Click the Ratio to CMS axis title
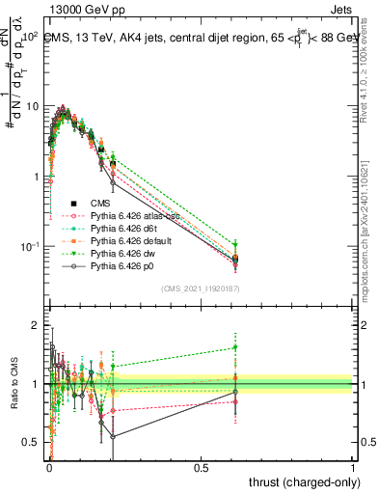point(12,384)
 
